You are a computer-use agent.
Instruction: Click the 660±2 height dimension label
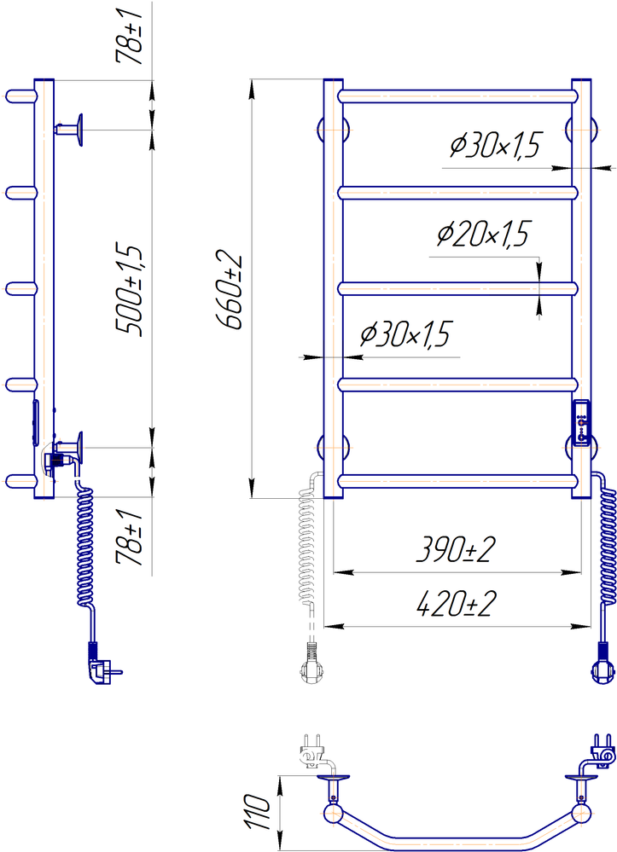click(230, 290)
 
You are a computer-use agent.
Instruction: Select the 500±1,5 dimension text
click(130, 291)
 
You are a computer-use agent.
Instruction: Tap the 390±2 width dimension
click(456, 550)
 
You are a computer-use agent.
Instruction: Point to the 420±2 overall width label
click(457, 604)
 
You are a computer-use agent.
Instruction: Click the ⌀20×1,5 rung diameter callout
click(483, 235)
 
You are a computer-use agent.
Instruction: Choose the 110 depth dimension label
click(257, 812)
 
